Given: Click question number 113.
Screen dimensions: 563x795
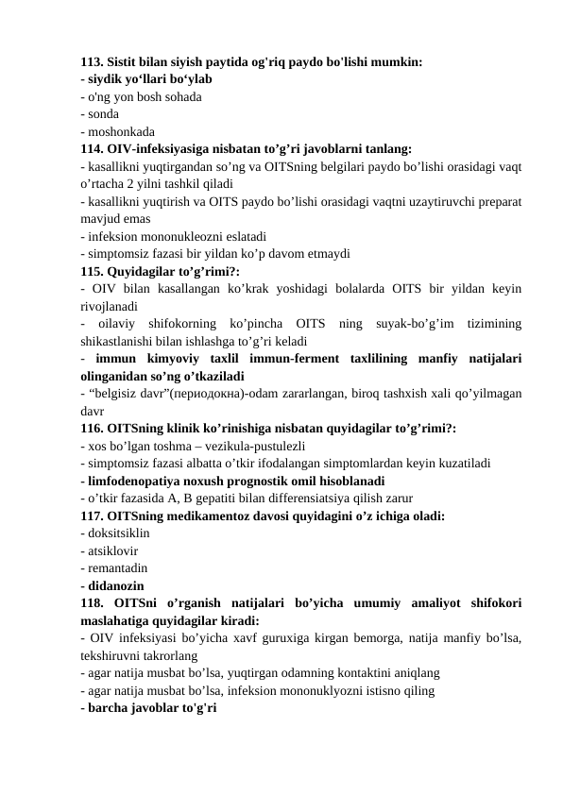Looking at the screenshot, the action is (x=93, y=62).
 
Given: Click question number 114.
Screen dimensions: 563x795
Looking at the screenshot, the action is (x=93, y=148).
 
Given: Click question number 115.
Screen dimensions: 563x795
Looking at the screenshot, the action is (x=93, y=270).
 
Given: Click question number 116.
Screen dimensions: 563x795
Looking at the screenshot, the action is (x=93, y=427).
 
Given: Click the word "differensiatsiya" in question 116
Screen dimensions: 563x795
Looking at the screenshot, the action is (x=293, y=497).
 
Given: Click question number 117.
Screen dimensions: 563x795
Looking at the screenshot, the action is (x=93, y=514).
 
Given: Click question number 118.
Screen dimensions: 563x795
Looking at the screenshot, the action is (x=93, y=601).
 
